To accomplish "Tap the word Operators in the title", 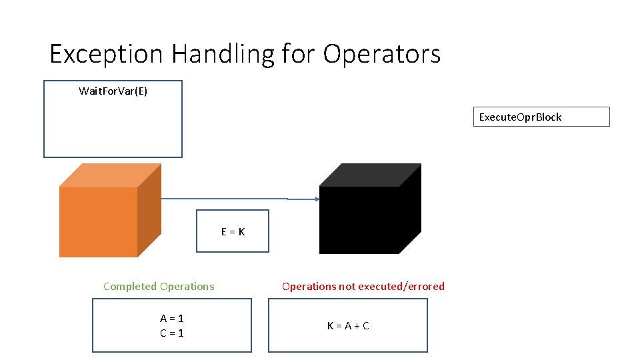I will [x=382, y=53].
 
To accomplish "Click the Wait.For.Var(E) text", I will [x=113, y=91].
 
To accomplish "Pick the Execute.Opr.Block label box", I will [x=541, y=117].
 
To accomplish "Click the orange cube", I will [x=99, y=221].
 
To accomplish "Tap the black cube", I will [x=360, y=220].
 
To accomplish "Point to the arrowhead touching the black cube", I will [x=317, y=199].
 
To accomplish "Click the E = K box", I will [x=233, y=231].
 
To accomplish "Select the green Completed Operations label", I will [x=159, y=286].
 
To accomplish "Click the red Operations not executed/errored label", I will [x=363, y=286].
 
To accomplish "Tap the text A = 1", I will [x=171, y=319].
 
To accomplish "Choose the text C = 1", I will [x=171, y=333].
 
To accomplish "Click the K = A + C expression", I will [x=347, y=326].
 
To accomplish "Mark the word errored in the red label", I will [x=425, y=286].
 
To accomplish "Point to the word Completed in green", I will [x=129, y=286].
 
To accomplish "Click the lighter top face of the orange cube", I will [x=111, y=175].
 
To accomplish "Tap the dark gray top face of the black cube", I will [x=370, y=175].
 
